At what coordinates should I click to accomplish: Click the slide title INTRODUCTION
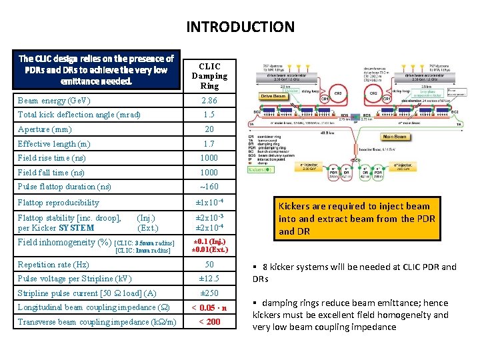point(240,27)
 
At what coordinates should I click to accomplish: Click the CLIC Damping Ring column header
point(209,76)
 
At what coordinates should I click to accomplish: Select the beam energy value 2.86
point(209,101)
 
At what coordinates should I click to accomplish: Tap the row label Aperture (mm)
point(45,129)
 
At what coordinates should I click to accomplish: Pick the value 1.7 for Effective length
point(209,144)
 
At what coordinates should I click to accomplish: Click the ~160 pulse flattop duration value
point(209,187)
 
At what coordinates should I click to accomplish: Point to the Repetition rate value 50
point(209,265)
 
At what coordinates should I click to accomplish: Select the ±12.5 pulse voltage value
point(209,279)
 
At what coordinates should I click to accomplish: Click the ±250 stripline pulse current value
point(209,293)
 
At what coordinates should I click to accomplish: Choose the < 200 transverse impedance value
point(209,322)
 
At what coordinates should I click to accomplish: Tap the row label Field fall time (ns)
point(51,172)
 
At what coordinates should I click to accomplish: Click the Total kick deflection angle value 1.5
point(209,115)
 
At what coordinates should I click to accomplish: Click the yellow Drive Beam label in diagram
point(273,97)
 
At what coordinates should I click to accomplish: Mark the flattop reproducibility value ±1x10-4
point(209,202)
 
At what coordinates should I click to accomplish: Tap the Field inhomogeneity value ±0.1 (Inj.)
point(209,241)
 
